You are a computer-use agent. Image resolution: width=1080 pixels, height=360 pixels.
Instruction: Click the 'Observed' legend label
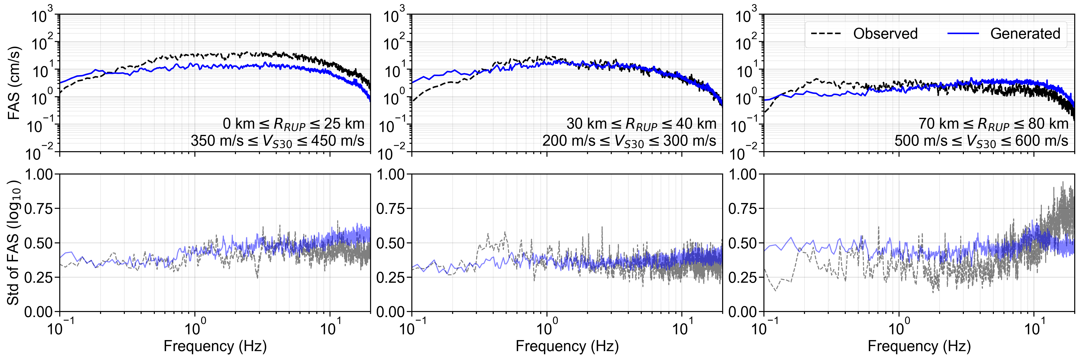pyautogui.click(x=885, y=34)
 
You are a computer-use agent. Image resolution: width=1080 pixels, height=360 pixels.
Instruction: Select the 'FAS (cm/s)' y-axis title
pyautogui.click(x=14, y=83)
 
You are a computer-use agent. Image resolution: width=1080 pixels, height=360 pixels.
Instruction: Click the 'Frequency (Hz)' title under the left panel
pyautogui.click(x=215, y=346)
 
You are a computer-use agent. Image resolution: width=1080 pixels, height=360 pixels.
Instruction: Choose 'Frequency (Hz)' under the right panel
pyautogui.click(x=919, y=346)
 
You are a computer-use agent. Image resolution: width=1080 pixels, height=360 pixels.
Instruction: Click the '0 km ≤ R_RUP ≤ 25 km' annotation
pyautogui.click(x=294, y=124)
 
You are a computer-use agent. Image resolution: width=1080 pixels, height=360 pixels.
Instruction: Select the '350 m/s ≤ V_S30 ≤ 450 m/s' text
pyautogui.click(x=277, y=141)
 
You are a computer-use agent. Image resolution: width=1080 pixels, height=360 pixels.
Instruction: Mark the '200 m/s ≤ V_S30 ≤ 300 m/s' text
pyautogui.click(x=629, y=141)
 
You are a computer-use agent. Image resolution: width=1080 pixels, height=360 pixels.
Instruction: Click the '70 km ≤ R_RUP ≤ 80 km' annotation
pyautogui.click(x=993, y=124)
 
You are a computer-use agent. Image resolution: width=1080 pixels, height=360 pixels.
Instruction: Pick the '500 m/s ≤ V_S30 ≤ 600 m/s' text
pyautogui.click(x=981, y=141)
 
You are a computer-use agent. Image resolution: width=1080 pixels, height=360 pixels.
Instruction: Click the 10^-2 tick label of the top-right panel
pyautogui.click(x=746, y=153)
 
